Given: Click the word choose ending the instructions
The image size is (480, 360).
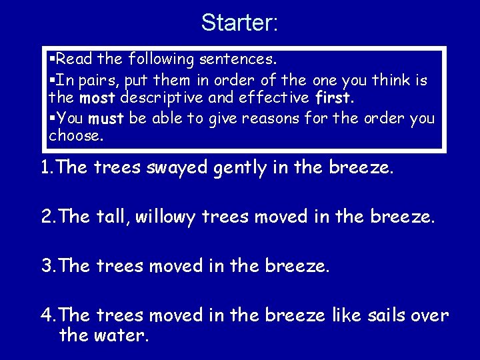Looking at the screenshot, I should (75, 137).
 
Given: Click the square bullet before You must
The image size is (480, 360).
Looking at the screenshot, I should (53, 118).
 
